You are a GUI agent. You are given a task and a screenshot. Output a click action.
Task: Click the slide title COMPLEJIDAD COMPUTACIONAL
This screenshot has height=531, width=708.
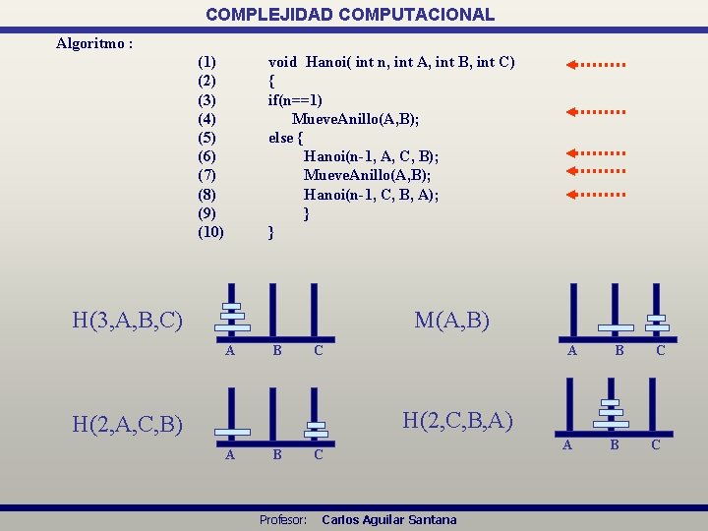(350, 15)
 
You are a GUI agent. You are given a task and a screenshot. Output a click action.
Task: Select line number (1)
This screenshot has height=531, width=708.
(207, 62)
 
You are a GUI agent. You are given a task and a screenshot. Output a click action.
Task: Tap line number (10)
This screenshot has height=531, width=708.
(210, 232)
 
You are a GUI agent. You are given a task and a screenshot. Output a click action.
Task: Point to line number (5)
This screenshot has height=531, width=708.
(207, 138)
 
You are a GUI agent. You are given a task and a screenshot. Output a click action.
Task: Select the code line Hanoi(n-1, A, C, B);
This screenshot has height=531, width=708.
(371, 156)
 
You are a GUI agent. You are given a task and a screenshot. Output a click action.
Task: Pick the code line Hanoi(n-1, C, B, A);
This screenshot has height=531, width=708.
(371, 195)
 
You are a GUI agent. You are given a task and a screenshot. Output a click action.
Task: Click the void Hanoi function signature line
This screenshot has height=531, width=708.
(391, 62)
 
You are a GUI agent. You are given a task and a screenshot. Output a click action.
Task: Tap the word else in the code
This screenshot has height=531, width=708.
(279, 138)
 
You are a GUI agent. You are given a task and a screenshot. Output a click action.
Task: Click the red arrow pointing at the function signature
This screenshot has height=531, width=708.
(596, 65)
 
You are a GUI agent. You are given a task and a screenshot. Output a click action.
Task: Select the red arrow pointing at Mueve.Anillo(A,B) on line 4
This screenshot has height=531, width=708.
(596, 111)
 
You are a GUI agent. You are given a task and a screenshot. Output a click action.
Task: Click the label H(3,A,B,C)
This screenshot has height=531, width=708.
(128, 320)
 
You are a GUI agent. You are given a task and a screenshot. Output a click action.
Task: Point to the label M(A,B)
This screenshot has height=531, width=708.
(451, 320)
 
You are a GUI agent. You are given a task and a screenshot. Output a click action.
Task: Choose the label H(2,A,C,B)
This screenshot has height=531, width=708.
(128, 424)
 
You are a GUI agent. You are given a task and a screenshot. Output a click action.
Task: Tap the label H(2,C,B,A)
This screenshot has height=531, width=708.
(457, 420)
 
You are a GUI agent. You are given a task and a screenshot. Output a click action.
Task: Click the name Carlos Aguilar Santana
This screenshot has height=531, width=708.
(389, 519)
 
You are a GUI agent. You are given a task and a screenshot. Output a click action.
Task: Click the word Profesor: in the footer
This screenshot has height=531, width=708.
(283, 519)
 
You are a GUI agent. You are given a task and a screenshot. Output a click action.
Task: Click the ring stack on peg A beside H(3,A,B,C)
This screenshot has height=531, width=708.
(232, 316)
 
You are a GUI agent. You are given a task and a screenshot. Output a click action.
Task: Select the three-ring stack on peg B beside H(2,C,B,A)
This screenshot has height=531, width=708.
(610, 414)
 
